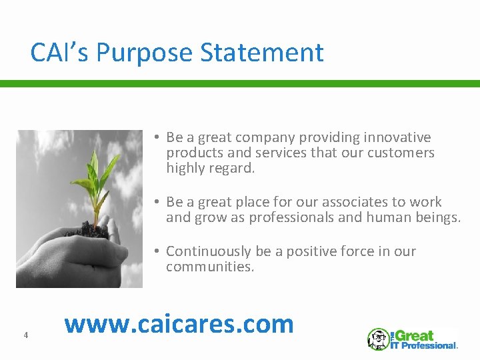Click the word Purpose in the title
pyautogui.click(x=139, y=53)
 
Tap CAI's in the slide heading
pyautogui.click(x=60, y=53)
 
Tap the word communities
pyautogui.click(x=209, y=267)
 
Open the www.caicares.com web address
pyautogui.click(x=179, y=323)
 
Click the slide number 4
pyautogui.click(x=25, y=335)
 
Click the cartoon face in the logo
pyautogui.click(x=378, y=339)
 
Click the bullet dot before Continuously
pyautogui.click(x=154, y=251)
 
